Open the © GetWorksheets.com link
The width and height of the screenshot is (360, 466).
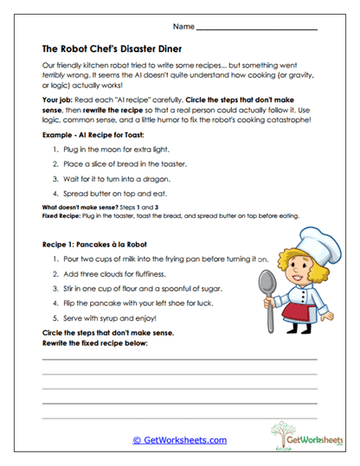point(179,440)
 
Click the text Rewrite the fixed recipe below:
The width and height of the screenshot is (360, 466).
point(94,342)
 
